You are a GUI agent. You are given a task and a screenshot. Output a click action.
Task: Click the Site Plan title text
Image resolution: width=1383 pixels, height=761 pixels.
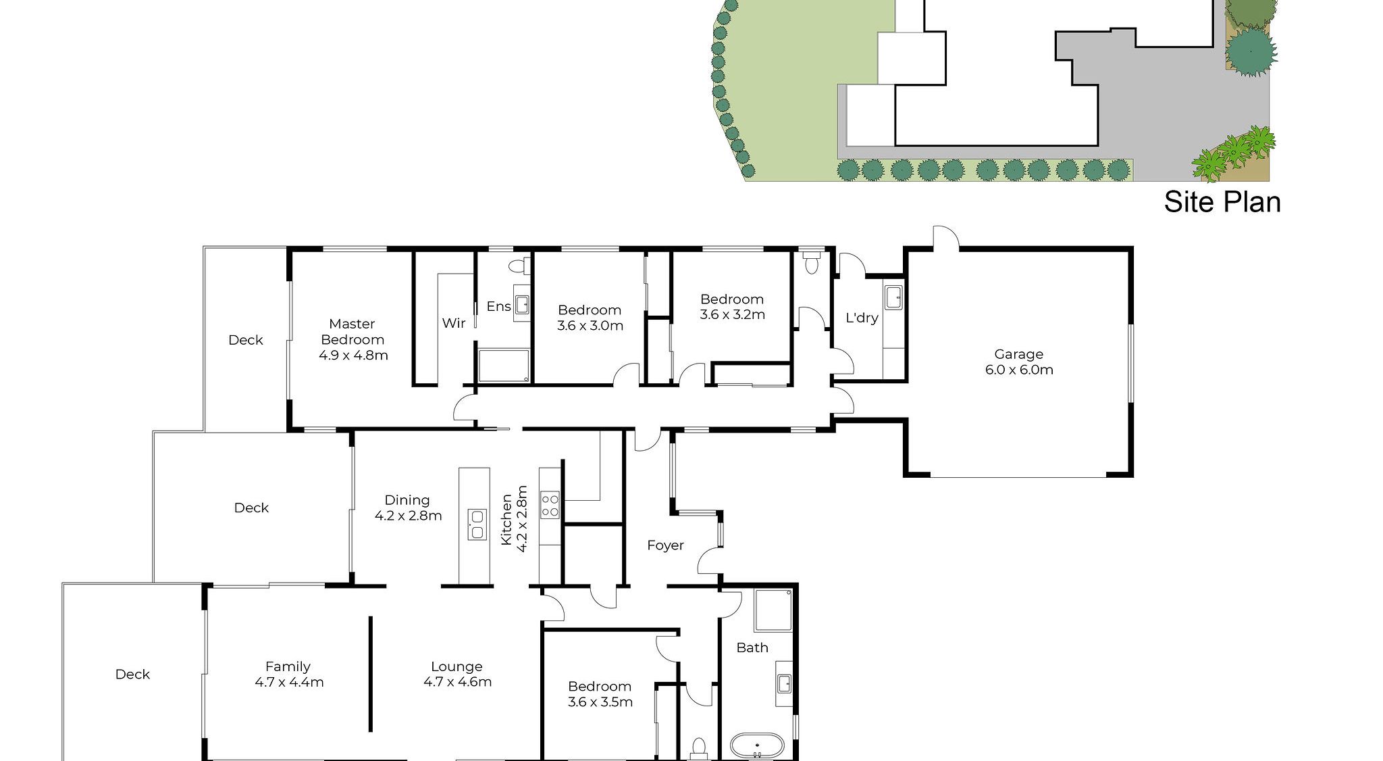(x=1222, y=202)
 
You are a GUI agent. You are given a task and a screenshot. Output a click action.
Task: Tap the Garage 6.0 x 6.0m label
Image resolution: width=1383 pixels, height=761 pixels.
(x=1018, y=362)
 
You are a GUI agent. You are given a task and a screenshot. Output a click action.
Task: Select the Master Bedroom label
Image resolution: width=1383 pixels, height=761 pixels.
(x=353, y=339)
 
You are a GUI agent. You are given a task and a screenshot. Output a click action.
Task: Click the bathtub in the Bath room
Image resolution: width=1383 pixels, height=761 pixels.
(x=757, y=746)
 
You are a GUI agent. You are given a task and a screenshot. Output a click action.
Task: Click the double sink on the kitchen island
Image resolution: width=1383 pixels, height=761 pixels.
(x=477, y=524)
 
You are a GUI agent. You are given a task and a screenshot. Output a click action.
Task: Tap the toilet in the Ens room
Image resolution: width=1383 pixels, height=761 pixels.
(x=521, y=266)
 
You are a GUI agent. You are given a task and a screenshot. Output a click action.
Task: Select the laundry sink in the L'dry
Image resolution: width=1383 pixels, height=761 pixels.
(x=893, y=297)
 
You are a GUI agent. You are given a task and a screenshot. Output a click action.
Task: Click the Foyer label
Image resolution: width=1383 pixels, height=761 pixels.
(x=665, y=545)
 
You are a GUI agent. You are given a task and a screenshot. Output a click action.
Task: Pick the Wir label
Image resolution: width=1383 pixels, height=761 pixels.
(x=453, y=323)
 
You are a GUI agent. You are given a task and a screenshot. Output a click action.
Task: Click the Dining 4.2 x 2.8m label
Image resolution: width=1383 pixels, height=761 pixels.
(x=407, y=508)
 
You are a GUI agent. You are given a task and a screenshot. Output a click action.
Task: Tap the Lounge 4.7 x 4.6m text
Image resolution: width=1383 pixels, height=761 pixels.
(x=457, y=674)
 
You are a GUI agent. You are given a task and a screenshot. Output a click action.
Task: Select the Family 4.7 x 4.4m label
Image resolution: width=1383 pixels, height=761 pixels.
(x=288, y=674)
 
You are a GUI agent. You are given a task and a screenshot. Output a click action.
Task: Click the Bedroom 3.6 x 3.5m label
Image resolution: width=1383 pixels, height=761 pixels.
(x=600, y=694)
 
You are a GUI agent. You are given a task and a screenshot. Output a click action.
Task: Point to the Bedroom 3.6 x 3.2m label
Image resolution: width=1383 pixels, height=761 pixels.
(x=732, y=306)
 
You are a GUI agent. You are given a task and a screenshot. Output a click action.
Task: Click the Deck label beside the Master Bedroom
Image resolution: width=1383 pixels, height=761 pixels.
(x=245, y=340)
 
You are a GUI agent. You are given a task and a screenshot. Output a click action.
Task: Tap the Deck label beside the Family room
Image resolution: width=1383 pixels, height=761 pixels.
(x=132, y=674)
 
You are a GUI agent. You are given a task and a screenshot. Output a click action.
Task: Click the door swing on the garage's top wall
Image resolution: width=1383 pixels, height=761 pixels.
(x=945, y=237)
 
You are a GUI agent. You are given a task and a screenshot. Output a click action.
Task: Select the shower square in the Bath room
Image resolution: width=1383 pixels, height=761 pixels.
(x=773, y=610)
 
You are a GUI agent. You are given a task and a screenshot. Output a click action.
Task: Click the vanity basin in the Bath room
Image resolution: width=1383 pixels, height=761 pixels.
(x=784, y=684)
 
